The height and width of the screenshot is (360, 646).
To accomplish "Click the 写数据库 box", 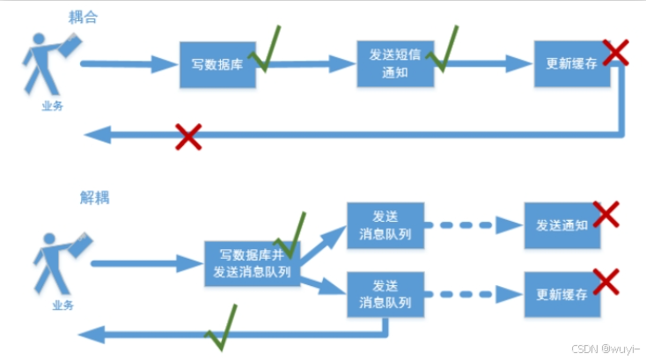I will coord(217,64).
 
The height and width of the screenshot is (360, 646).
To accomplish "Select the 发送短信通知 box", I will coord(395,64).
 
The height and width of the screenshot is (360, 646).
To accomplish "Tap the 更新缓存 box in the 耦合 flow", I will coord(572,64).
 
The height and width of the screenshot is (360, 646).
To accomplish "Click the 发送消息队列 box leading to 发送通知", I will coord(385,225).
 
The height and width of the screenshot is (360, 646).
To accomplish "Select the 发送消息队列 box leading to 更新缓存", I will coord(385,295).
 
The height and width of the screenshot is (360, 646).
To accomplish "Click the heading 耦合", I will coord(84,16).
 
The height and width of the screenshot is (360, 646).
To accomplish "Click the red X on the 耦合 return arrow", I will coord(187,136).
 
